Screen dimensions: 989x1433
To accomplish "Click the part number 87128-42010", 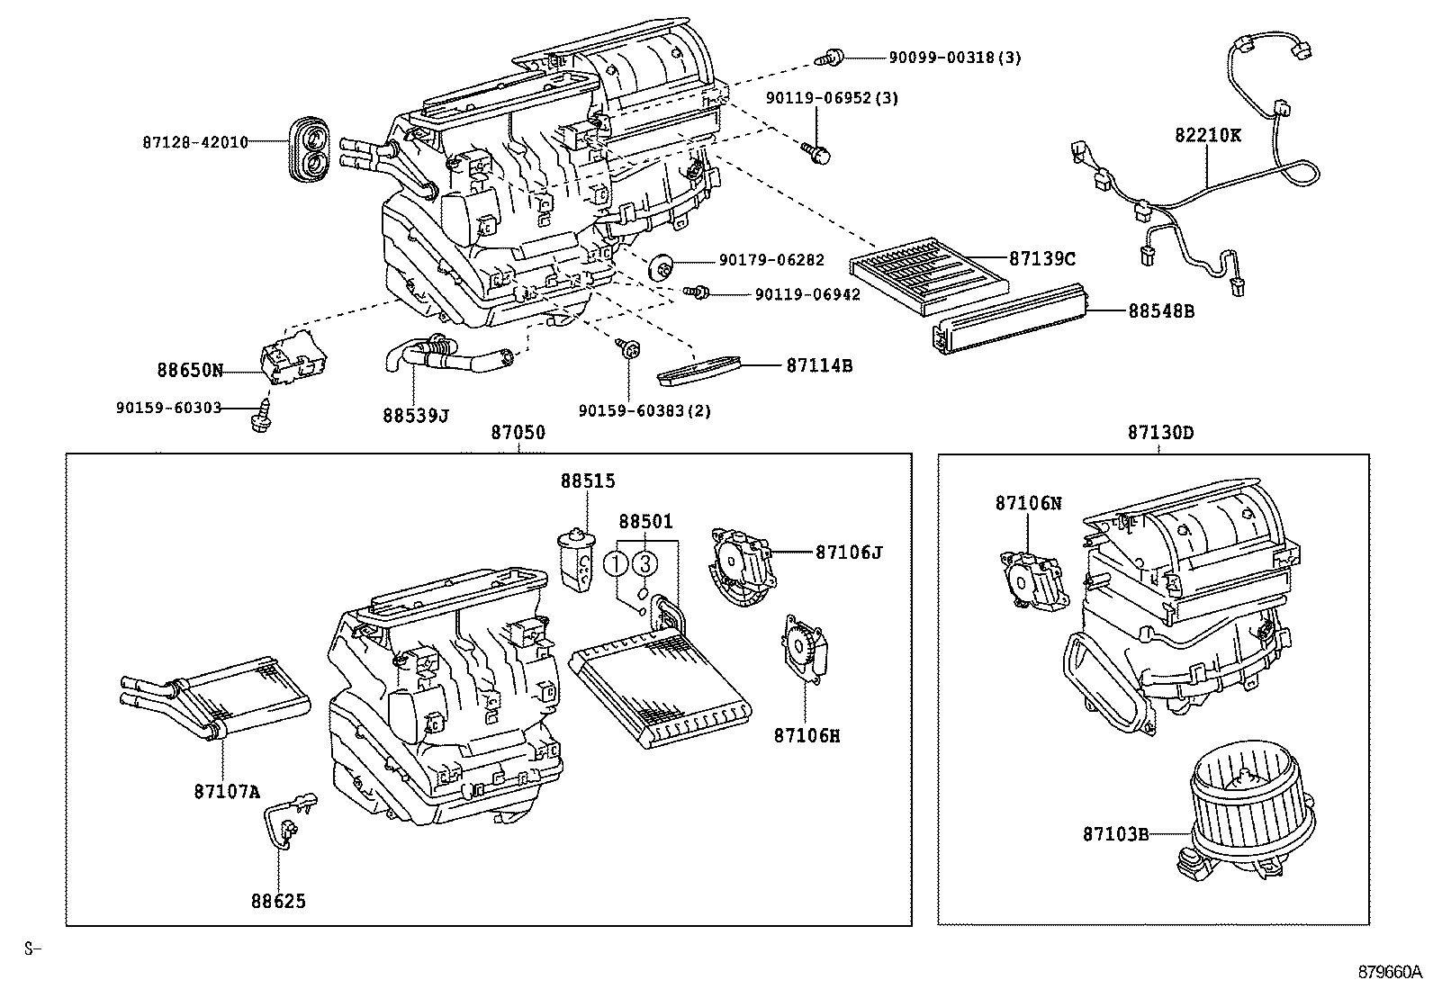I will tap(194, 142).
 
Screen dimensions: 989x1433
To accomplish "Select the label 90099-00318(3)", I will tap(955, 58).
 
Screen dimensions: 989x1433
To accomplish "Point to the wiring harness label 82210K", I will tap(1207, 135).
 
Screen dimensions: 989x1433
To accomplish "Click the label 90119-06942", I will tap(807, 294).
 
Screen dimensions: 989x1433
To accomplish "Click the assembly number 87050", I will tap(518, 433).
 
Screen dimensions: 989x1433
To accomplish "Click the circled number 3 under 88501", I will tap(644, 564).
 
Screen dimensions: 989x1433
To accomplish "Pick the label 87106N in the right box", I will tap(1028, 503).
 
